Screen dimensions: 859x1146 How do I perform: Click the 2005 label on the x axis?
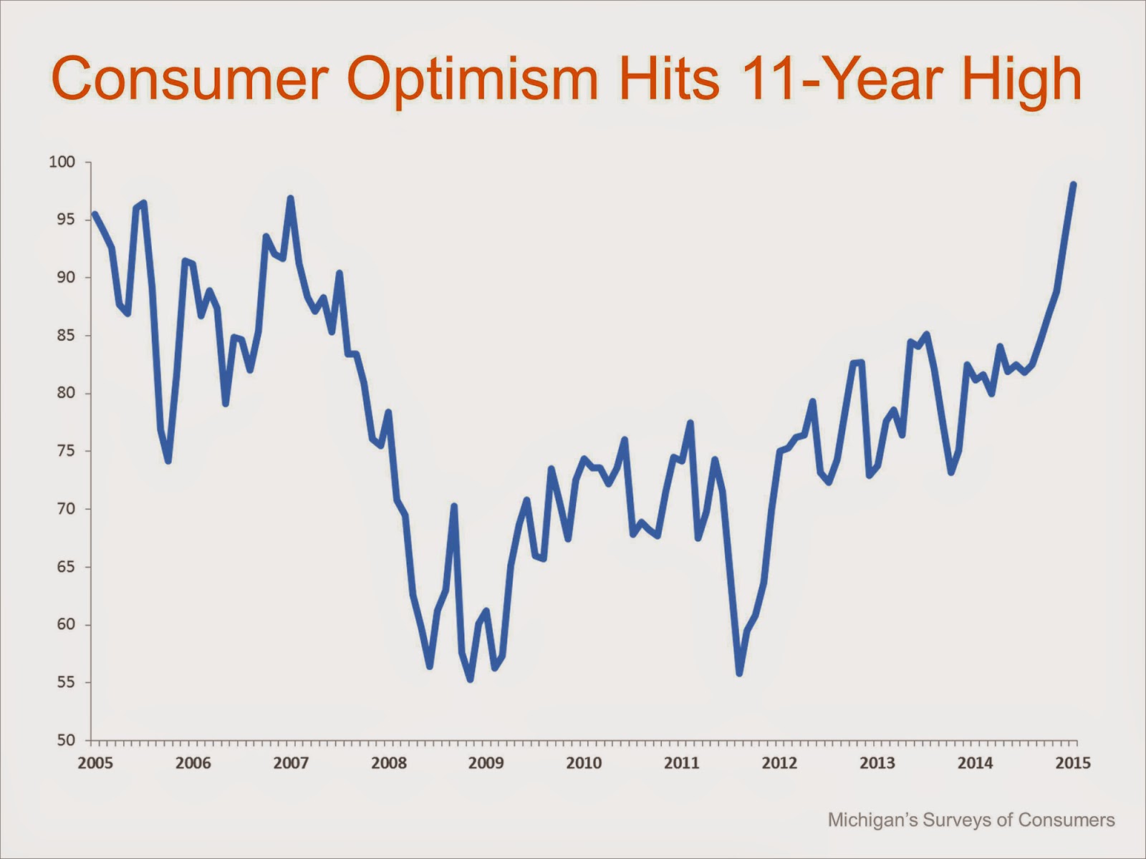(x=95, y=763)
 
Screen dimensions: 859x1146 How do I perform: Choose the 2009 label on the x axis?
(x=486, y=763)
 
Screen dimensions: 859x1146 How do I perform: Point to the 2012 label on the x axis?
(x=779, y=763)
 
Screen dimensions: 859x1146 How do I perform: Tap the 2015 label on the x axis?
(x=1073, y=763)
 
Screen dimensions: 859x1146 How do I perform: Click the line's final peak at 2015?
(x=1073, y=185)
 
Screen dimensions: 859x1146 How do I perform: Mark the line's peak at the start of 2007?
(x=290, y=198)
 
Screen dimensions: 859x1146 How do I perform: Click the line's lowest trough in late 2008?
(x=470, y=679)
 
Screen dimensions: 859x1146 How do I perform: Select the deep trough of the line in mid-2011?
(x=739, y=673)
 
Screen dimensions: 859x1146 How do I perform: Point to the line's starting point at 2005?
(x=95, y=213)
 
